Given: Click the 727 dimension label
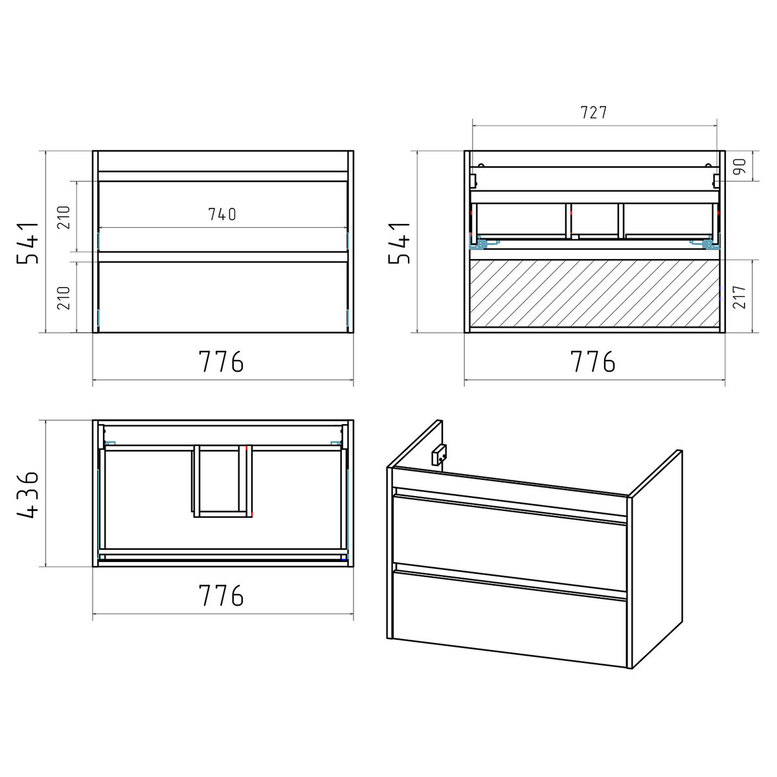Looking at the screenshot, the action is click(x=594, y=113).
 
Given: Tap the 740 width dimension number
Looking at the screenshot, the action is click(x=222, y=214).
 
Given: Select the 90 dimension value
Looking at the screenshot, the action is click(x=740, y=166).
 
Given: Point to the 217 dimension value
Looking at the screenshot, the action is click(x=739, y=297).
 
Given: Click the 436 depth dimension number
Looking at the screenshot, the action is click(x=28, y=494).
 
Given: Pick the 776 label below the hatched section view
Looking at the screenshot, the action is click(x=592, y=361).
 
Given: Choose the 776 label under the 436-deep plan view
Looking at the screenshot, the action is click(x=221, y=595).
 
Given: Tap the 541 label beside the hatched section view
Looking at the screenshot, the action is click(x=400, y=243).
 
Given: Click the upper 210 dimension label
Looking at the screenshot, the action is click(x=63, y=218).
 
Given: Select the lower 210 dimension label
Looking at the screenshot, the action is click(x=63, y=298).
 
